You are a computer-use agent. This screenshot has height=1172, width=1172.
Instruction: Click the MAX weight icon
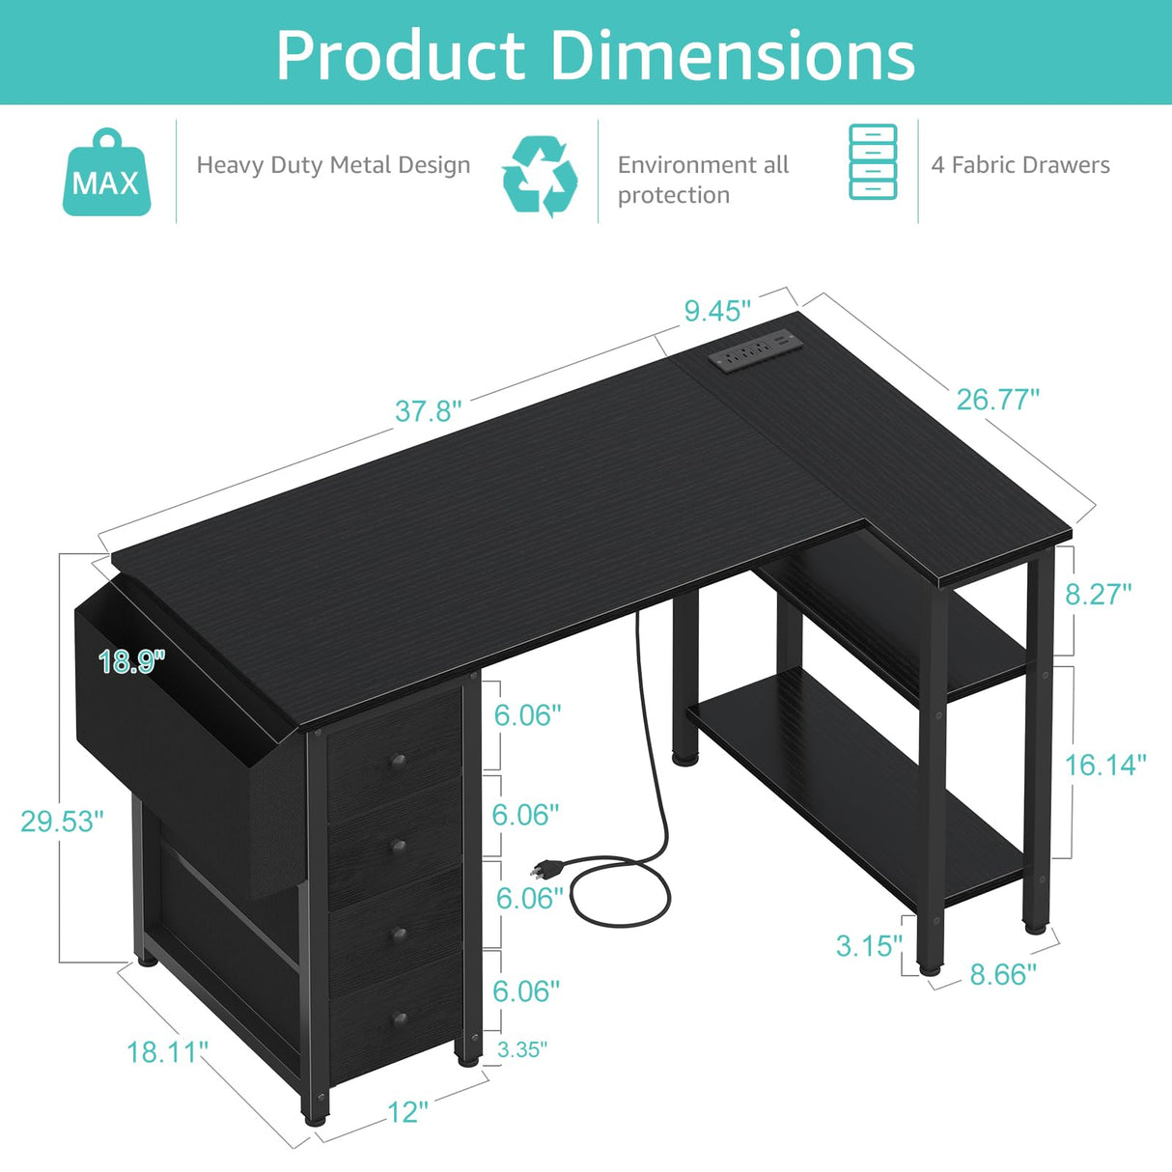coord(106,173)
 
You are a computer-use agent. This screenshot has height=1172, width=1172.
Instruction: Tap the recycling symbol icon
coord(540,176)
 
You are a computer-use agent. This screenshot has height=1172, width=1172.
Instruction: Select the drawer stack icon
coord(873,162)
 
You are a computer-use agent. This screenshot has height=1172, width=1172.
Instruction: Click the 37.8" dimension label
coord(428,411)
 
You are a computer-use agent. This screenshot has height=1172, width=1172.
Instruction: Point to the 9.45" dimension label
coord(717,311)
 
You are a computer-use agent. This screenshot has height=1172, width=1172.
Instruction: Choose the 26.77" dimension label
coord(997,399)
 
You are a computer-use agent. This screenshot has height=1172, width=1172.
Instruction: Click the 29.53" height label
coord(62,821)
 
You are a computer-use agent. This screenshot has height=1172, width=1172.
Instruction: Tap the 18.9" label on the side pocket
coord(132,661)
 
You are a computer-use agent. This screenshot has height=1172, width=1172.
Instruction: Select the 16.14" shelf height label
coord(1105,766)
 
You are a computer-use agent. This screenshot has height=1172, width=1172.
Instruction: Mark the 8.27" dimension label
coord(1099,594)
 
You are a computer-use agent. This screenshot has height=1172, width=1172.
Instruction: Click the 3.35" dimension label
coord(522,1049)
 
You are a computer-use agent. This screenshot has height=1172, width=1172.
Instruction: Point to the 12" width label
coord(407,1112)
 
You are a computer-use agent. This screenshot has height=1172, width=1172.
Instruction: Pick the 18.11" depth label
coord(167,1051)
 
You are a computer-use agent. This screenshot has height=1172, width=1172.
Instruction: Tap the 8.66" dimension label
coord(1003,974)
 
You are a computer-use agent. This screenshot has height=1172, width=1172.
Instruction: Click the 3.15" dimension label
coord(869,945)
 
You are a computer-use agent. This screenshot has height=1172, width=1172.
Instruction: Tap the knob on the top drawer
coord(394,762)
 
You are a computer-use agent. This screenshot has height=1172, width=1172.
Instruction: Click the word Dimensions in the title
coord(733,55)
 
